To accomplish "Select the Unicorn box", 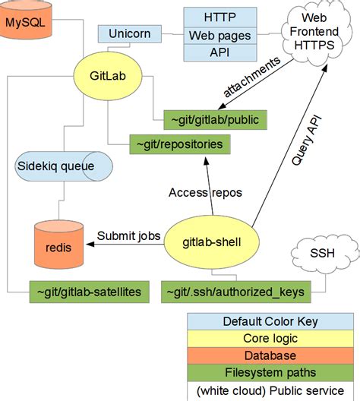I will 124,34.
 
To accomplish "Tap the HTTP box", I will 219,17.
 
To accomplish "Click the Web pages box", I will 219,35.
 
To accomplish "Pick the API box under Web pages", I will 219,52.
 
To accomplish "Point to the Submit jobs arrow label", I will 128,235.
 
